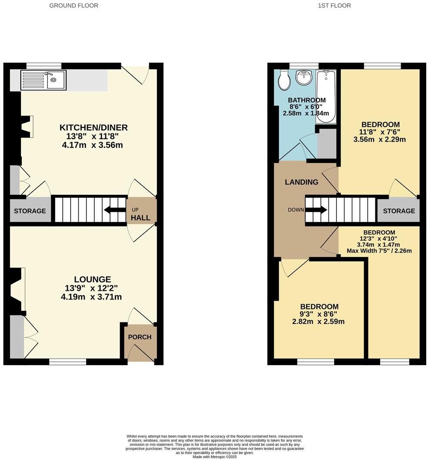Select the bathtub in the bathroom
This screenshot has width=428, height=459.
(326, 91)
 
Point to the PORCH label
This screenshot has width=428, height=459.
(140, 337)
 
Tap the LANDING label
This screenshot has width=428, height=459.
(301, 182)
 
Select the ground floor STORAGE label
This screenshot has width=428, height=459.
(30, 211)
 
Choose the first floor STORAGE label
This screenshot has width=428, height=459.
(399, 211)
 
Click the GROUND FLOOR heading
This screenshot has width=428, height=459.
(74, 6)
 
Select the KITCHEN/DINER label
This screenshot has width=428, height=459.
(94, 127)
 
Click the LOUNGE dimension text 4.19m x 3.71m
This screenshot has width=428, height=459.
(91, 297)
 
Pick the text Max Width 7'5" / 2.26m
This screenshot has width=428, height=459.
(379, 250)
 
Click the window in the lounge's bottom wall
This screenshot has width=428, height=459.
(67, 362)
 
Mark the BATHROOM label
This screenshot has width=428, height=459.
(306, 100)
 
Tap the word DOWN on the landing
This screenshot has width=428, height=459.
(296, 210)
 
